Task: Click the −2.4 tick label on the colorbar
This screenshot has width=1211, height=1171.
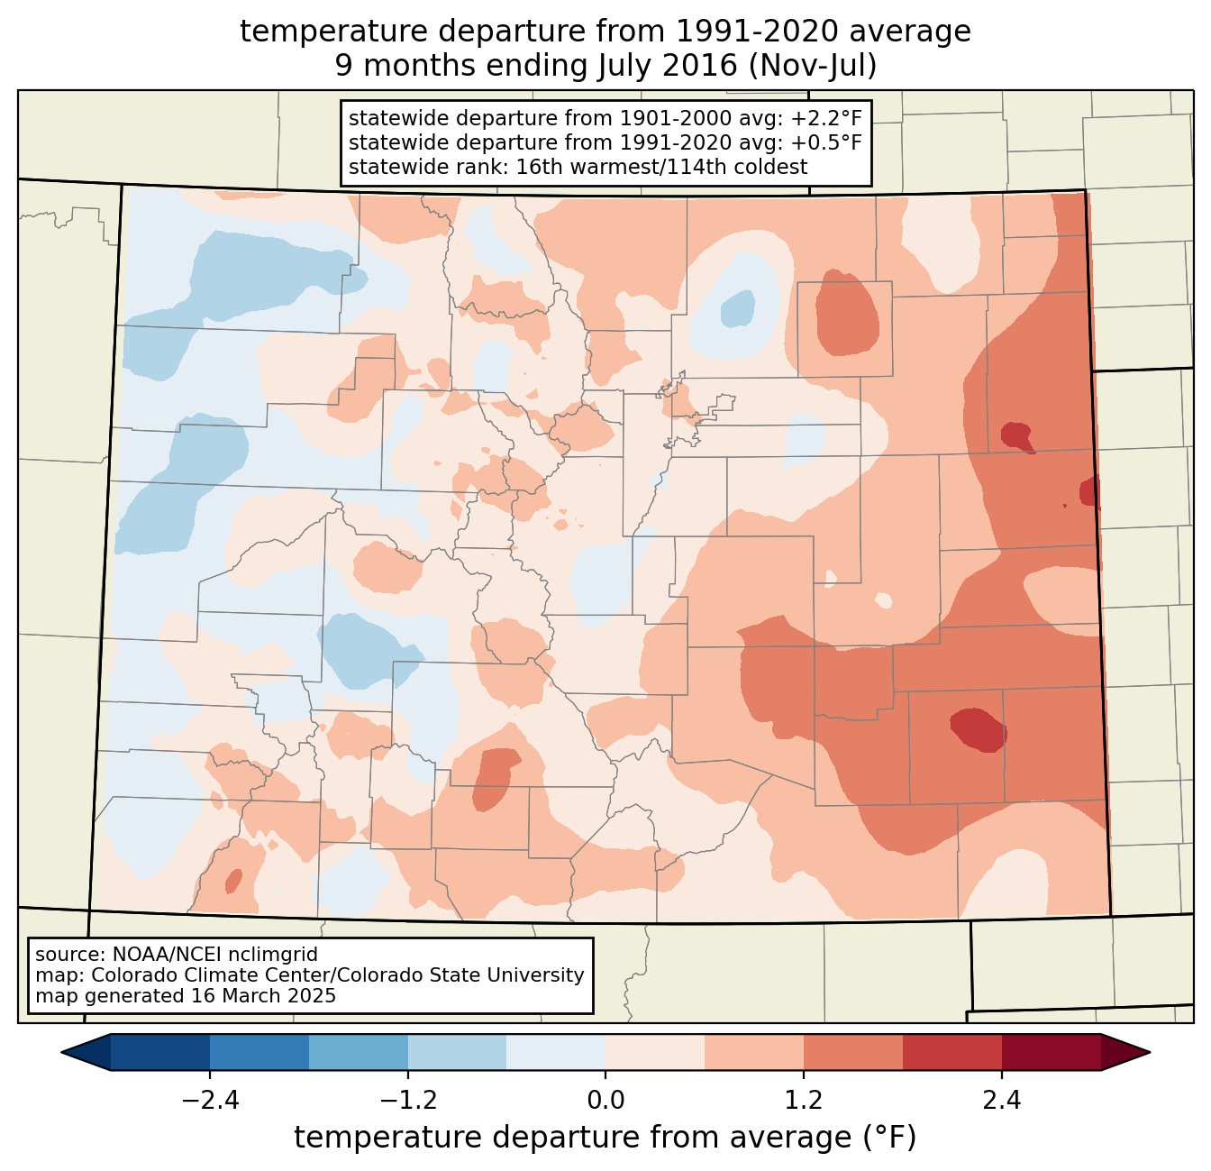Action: pos(209,1101)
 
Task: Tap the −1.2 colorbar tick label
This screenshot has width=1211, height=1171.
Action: pos(407,1101)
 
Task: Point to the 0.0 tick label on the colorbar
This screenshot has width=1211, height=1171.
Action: pos(605,1101)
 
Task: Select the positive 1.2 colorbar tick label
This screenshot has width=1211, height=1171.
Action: pos(804,1101)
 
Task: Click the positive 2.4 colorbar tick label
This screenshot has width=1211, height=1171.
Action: pos(1002,1101)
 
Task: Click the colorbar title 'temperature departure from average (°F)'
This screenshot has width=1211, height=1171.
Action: pos(605,1138)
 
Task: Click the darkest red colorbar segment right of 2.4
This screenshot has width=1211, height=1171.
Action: pos(1051,1052)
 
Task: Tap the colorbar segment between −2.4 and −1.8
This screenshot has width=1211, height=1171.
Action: pos(259,1052)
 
